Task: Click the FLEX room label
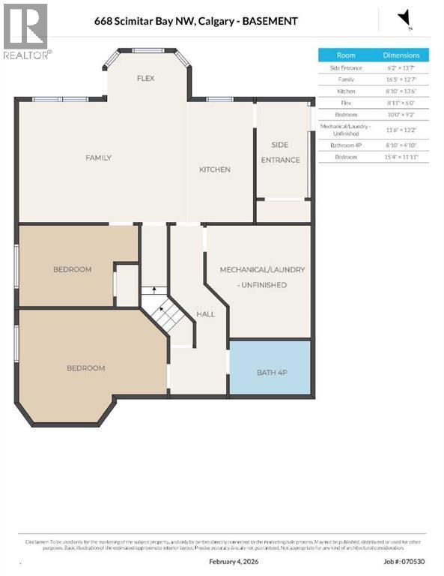click(145, 78)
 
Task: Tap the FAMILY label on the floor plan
click(98, 157)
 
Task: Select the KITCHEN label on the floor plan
click(214, 169)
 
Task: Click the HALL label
click(206, 315)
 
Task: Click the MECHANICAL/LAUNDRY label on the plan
click(262, 269)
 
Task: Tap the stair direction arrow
click(154, 290)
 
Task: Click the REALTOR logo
click(26, 31)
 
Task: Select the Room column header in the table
click(346, 55)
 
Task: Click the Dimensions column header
click(401, 55)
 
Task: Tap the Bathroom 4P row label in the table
click(346, 145)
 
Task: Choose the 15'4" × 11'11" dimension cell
click(401, 157)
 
